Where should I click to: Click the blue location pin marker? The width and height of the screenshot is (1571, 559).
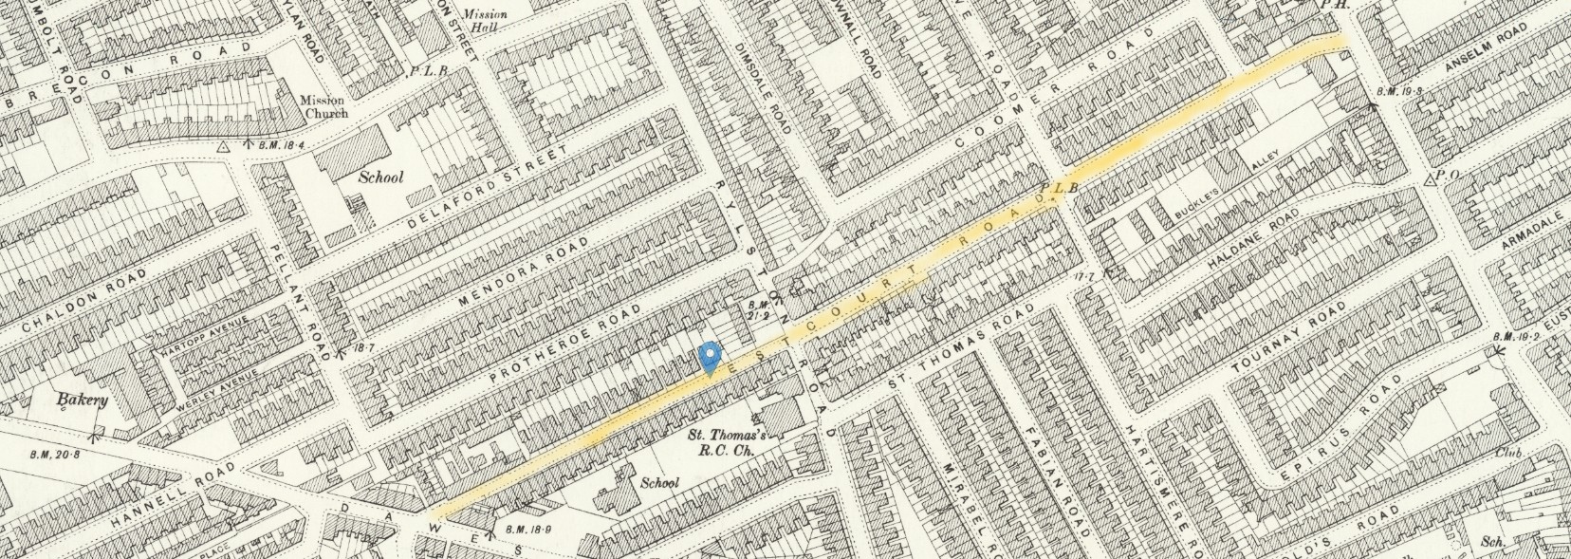pos(710,359)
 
